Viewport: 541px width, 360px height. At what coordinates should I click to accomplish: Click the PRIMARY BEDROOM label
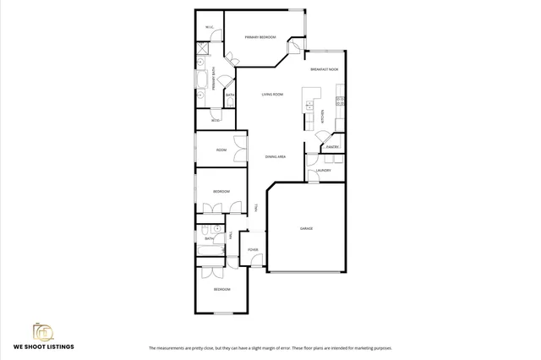click(x=260, y=37)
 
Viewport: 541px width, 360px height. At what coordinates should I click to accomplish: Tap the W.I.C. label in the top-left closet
click(x=209, y=27)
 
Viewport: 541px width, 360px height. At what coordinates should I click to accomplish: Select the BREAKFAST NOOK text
click(x=324, y=69)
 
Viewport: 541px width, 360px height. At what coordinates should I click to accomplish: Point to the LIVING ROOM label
click(x=271, y=95)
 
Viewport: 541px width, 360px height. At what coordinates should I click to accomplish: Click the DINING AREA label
click(x=276, y=156)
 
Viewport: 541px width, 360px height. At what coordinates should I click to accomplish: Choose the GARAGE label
click(x=306, y=228)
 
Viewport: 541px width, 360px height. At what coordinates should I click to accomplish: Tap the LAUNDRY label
click(x=324, y=171)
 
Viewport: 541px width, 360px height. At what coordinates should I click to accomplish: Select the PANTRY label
click(x=332, y=147)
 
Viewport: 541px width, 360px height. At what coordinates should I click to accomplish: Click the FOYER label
click(x=252, y=250)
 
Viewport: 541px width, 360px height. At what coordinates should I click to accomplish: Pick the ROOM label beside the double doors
click(x=221, y=150)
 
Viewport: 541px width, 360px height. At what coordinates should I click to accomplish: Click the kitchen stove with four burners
click(x=340, y=101)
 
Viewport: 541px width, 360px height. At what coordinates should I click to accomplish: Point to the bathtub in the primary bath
click(x=203, y=80)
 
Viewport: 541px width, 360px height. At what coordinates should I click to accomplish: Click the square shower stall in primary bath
click(x=203, y=49)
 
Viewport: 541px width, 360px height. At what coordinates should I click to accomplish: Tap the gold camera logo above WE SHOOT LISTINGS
click(x=43, y=330)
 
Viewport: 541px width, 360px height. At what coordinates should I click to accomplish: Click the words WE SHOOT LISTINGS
click(x=43, y=346)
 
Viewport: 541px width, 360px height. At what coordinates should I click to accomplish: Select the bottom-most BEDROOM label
click(x=221, y=289)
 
